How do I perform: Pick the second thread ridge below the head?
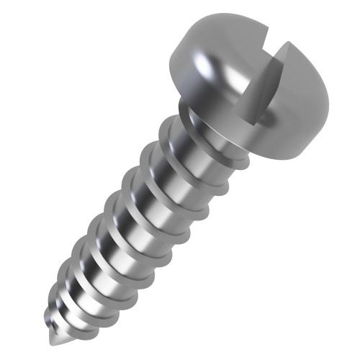point(176,162)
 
